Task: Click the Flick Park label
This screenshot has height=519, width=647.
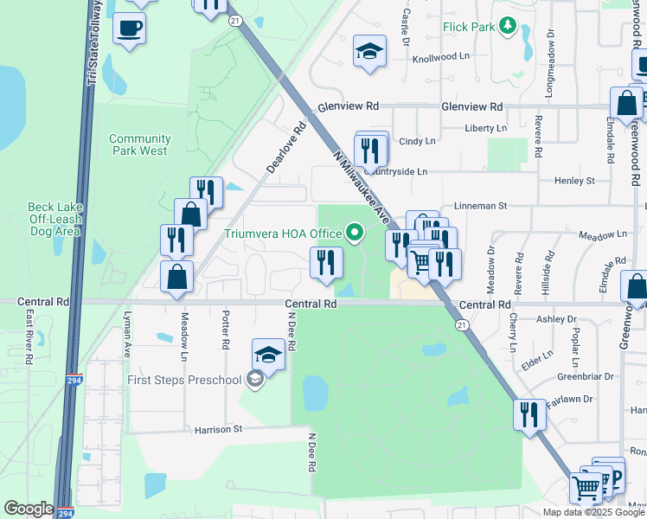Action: (468, 27)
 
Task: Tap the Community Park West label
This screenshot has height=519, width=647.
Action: (138, 144)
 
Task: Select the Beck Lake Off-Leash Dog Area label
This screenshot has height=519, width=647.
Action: (54, 219)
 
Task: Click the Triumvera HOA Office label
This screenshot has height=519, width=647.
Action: (283, 234)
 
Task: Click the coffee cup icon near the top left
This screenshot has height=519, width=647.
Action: (130, 29)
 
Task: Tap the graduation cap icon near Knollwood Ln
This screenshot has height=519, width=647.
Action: (369, 51)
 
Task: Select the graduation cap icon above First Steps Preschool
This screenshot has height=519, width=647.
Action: (269, 355)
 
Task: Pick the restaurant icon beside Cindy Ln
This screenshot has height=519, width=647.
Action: (371, 150)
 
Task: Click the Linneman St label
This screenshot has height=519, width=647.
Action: (479, 207)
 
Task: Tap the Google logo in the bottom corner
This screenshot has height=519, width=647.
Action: (28, 509)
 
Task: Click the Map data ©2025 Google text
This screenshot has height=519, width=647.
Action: (593, 512)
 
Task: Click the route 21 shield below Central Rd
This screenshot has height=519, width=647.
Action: (462, 324)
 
